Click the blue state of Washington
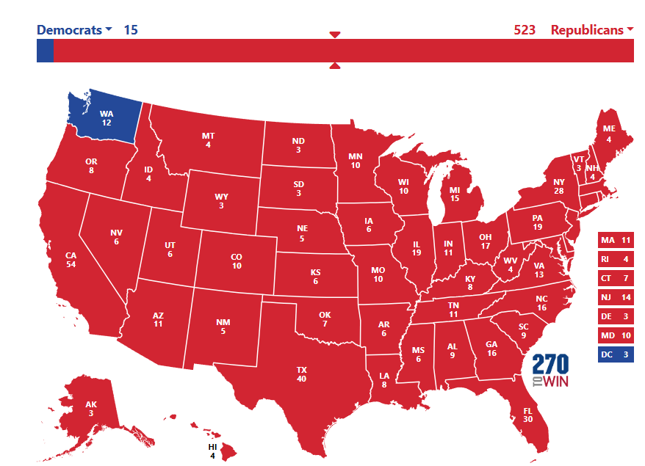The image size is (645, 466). (x=103, y=117)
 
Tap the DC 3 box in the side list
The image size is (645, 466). (x=616, y=354)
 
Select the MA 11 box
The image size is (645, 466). (x=616, y=240)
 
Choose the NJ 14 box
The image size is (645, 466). (x=616, y=297)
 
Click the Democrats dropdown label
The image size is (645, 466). (x=74, y=30)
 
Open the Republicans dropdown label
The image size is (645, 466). (x=592, y=30)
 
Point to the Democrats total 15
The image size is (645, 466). (x=130, y=30)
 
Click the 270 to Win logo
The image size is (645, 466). (x=550, y=371)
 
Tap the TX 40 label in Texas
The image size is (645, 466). (x=301, y=374)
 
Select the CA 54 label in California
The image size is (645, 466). (x=51, y=259)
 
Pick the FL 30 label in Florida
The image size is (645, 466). (x=527, y=415)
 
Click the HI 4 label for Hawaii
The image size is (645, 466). (x=213, y=451)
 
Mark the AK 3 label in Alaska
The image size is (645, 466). (x=91, y=409)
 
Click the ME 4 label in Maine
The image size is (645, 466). (x=608, y=133)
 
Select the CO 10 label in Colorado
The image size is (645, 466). (x=237, y=261)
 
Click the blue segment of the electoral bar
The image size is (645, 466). (x=45, y=51)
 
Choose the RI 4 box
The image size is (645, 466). (x=616, y=259)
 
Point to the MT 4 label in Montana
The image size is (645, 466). (x=208, y=140)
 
